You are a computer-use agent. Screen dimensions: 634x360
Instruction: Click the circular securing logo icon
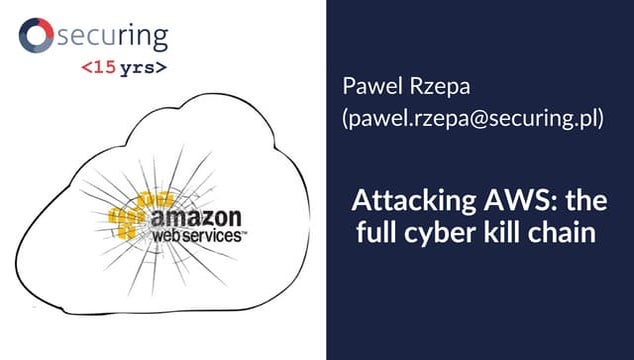point(36,37)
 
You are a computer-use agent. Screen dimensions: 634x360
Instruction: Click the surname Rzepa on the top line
point(432,84)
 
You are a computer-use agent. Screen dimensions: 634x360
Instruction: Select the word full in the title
point(379,236)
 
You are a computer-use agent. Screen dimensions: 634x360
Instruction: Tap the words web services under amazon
point(195,237)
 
